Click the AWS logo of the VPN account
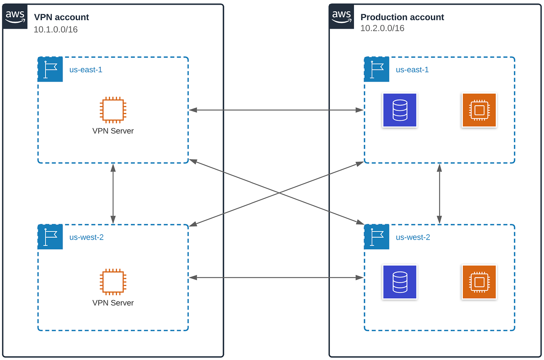click(x=15, y=17)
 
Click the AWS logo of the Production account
click(x=342, y=17)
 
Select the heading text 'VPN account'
click(x=61, y=17)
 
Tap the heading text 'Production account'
click(x=402, y=17)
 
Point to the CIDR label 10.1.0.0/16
click(x=56, y=30)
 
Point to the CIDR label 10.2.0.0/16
click(x=382, y=28)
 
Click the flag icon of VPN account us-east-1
click(x=51, y=70)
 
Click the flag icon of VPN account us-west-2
click(x=51, y=237)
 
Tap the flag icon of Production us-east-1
click(x=377, y=70)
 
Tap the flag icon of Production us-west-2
click(x=377, y=237)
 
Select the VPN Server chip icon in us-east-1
click(x=113, y=110)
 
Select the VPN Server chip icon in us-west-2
click(x=113, y=282)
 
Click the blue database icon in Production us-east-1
click(x=400, y=110)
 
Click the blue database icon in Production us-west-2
click(x=400, y=282)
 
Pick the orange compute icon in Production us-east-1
click(x=479, y=110)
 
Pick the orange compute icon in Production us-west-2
click(x=479, y=282)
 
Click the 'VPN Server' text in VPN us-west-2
click(x=113, y=303)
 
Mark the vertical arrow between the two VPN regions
click(x=113, y=193)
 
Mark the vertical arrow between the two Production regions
click(x=439, y=193)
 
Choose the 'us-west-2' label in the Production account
click(x=413, y=237)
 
